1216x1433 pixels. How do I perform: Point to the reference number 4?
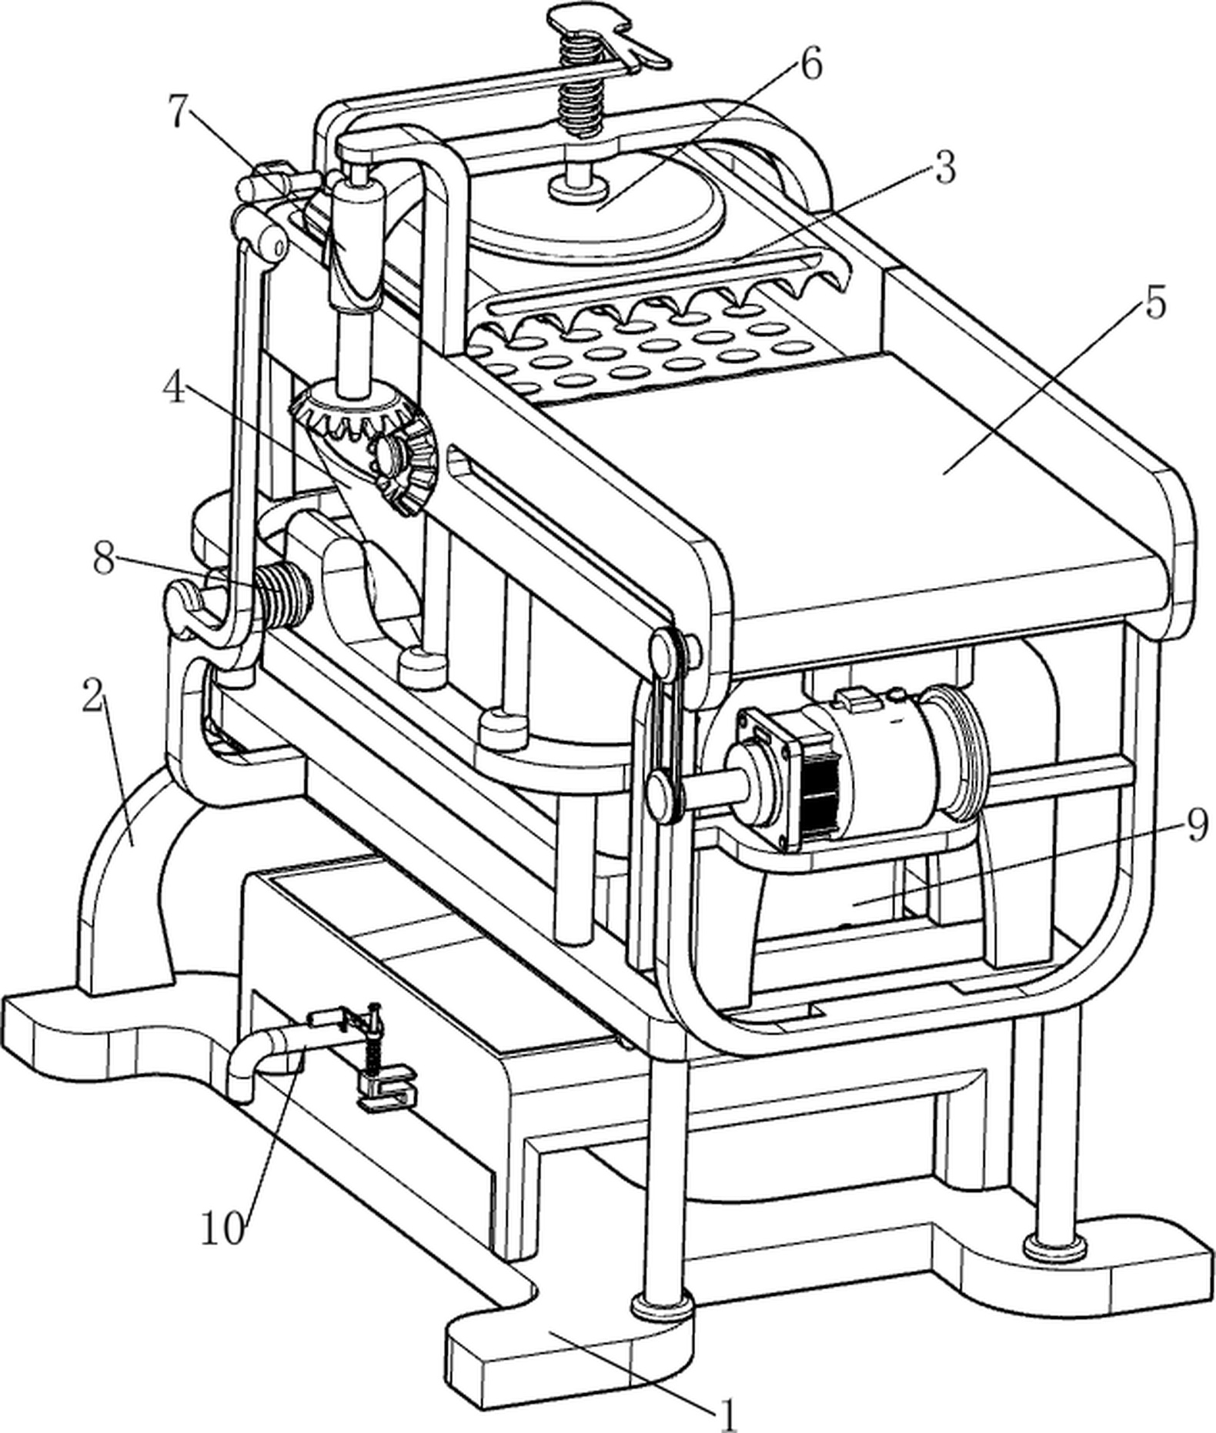(175, 389)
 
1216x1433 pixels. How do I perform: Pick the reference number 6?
(810, 63)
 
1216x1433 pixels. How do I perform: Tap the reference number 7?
(179, 113)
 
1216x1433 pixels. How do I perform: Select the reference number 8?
(105, 559)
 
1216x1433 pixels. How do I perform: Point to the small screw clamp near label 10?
(377, 1060)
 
